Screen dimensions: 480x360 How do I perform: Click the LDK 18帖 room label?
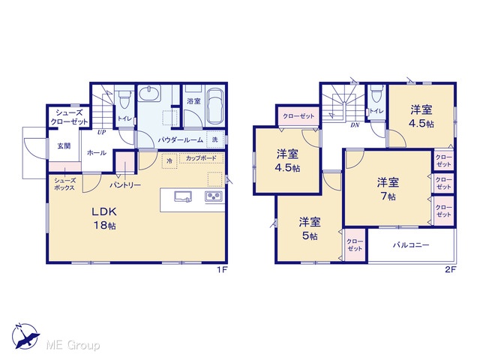(104, 218)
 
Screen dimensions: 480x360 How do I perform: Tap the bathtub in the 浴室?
(215, 106)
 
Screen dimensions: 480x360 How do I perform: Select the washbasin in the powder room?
(149, 93)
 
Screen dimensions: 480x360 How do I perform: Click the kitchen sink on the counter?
(183, 196)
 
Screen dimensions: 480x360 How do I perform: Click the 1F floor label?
(222, 270)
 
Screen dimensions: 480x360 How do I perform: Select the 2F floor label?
(451, 270)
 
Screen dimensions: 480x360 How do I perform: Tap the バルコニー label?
(411, 245)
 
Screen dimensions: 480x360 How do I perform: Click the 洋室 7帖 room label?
(388, 189)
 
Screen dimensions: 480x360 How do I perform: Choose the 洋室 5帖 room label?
(310, 228)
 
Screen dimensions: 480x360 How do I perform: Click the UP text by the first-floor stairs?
(102, 133)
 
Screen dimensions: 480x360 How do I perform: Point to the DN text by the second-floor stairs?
(355, 125)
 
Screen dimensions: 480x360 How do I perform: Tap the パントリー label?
(125, 185)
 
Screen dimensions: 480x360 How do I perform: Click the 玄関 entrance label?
(64, 146)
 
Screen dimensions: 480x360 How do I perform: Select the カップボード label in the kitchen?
(201, 158)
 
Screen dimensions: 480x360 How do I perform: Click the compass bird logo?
(25, 336)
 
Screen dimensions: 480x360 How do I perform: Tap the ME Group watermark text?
(73, 346)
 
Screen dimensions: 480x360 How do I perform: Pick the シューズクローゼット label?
(69, 117)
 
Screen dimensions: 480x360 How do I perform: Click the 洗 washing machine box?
(215, 139)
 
